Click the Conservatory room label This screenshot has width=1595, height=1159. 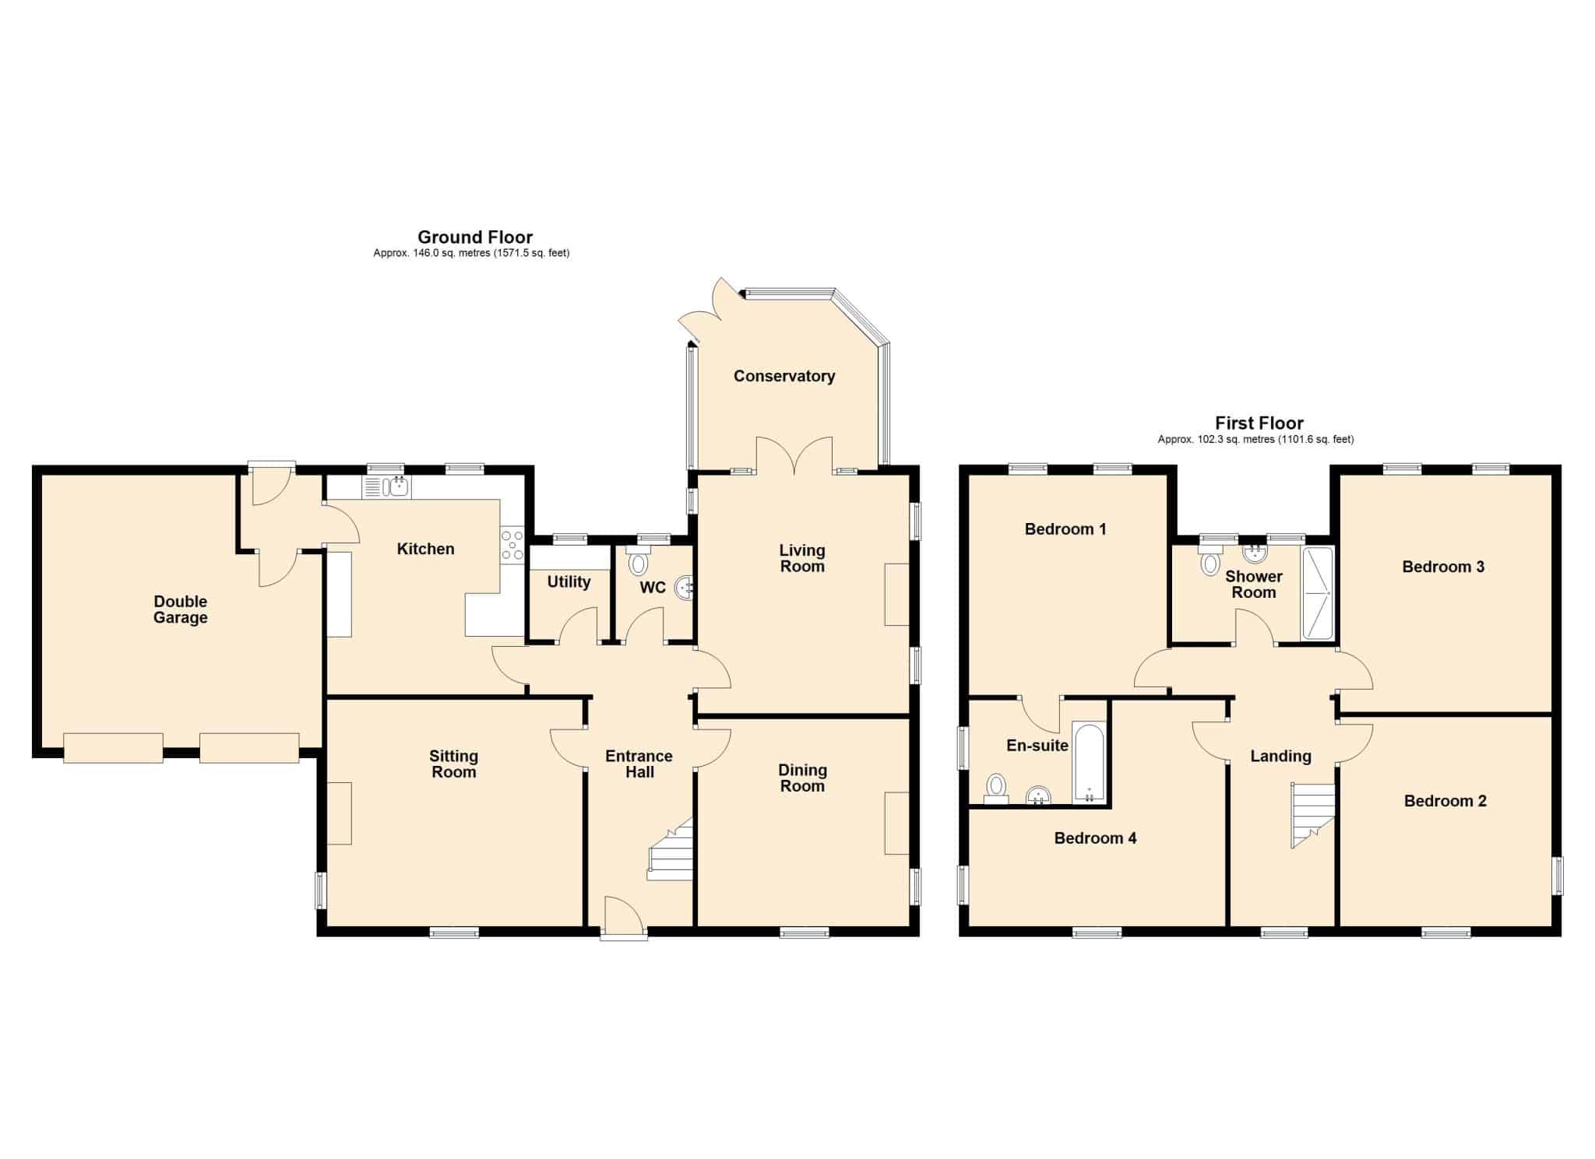[x=784, y=376]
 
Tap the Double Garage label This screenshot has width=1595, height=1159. [x=181, y=609]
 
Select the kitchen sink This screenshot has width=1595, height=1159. [x=387, y=488]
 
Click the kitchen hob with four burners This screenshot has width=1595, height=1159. [x=512, y=545]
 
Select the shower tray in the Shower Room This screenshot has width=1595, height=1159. [x=1318, y=593]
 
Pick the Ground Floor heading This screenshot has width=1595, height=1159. [x=475, y=237]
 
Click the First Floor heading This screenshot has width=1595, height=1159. [x=1259, y=423]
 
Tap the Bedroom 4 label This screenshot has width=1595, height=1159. [x=1095, y=838]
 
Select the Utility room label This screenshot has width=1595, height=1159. [x=569, y=582]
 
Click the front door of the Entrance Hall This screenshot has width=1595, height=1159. [x=623, y=918]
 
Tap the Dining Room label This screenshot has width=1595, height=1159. [x=802, y=778]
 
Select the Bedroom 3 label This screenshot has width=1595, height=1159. [x=1443, y=567]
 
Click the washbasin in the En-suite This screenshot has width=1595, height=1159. [x=1038, y=795]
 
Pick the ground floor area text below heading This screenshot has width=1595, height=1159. [x=471, y=253]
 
